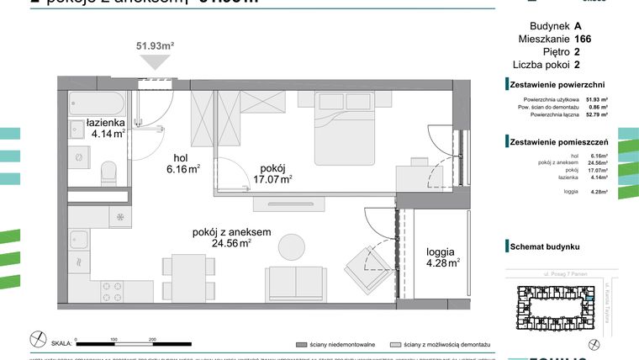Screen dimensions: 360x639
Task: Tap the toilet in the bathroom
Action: (x=108, y=174)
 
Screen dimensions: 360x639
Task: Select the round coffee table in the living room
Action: (x=292, y=246)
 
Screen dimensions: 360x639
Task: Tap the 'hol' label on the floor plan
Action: (x=182, y=156)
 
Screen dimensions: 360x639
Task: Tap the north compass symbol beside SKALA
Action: (x=37, y=340)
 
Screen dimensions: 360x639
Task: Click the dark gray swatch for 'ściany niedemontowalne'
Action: (x=300, y=345)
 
